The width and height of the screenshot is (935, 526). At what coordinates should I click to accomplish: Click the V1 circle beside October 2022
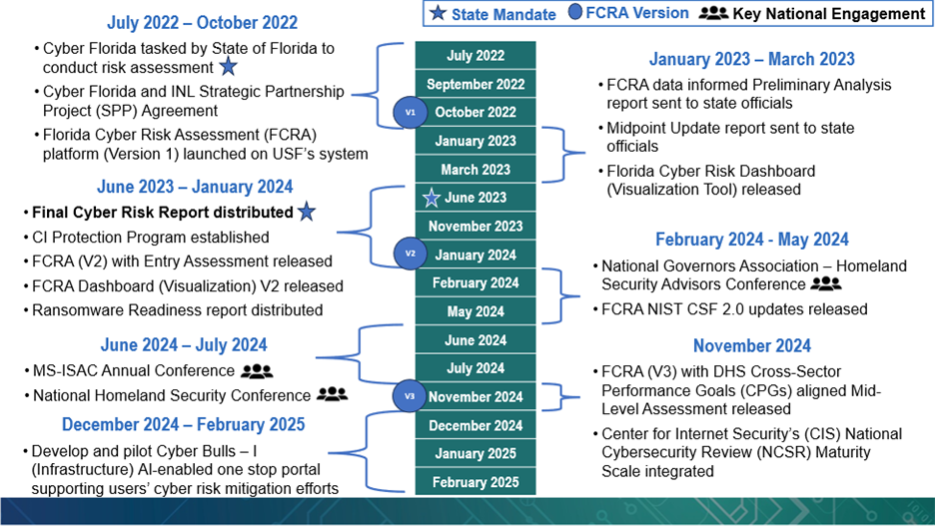411,112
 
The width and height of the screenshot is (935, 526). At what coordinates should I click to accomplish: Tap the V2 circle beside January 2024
411,254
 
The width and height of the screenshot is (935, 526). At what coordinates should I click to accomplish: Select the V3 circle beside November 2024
410,396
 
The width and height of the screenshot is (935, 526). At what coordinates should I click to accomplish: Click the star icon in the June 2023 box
432,198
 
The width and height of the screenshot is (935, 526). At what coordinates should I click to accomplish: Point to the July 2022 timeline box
475,56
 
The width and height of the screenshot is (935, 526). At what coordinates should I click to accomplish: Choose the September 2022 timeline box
475,84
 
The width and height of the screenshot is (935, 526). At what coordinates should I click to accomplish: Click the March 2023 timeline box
475,169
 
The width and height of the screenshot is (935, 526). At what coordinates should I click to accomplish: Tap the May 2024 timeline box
475,311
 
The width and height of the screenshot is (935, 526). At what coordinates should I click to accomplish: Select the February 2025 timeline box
475,482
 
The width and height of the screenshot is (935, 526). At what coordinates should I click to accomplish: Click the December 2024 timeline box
475,425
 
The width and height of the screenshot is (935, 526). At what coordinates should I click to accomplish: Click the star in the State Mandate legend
438,13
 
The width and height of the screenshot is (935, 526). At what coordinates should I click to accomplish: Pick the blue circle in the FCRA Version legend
574,12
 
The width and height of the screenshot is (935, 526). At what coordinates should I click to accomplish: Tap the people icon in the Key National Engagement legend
713,13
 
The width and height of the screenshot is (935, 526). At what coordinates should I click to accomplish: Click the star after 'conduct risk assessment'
229,66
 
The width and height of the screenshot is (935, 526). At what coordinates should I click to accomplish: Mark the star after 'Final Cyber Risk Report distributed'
307,211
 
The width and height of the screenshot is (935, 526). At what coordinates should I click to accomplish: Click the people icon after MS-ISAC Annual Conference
257,371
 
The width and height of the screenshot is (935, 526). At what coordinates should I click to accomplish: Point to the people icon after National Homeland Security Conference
332,394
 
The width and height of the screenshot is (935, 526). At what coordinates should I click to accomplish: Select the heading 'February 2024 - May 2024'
752,240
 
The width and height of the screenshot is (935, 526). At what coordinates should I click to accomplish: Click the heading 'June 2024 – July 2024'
184,345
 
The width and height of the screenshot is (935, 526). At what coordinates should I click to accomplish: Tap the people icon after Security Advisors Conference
826,283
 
